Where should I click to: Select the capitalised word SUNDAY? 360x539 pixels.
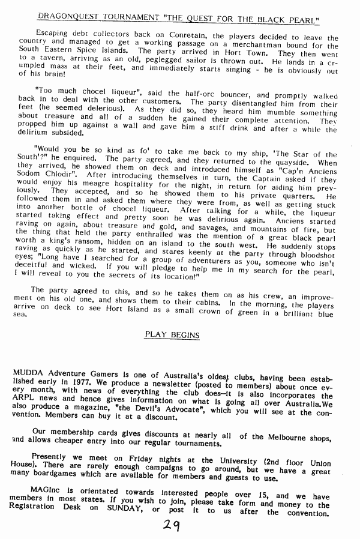coord(120,514)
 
